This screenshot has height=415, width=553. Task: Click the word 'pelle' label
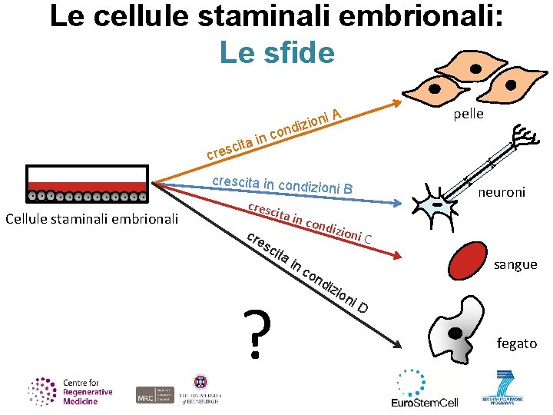[469, 114]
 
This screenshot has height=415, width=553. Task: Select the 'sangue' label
[515, 264]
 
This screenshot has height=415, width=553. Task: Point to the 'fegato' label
[517, 344]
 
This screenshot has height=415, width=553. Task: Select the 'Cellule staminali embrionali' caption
[91, 219]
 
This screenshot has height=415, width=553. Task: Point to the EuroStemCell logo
[424, 387]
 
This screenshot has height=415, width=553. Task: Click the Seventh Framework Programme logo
[505, 388]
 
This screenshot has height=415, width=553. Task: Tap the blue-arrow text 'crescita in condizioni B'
[282, 185]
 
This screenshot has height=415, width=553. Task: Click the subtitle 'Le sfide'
[276, 52]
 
